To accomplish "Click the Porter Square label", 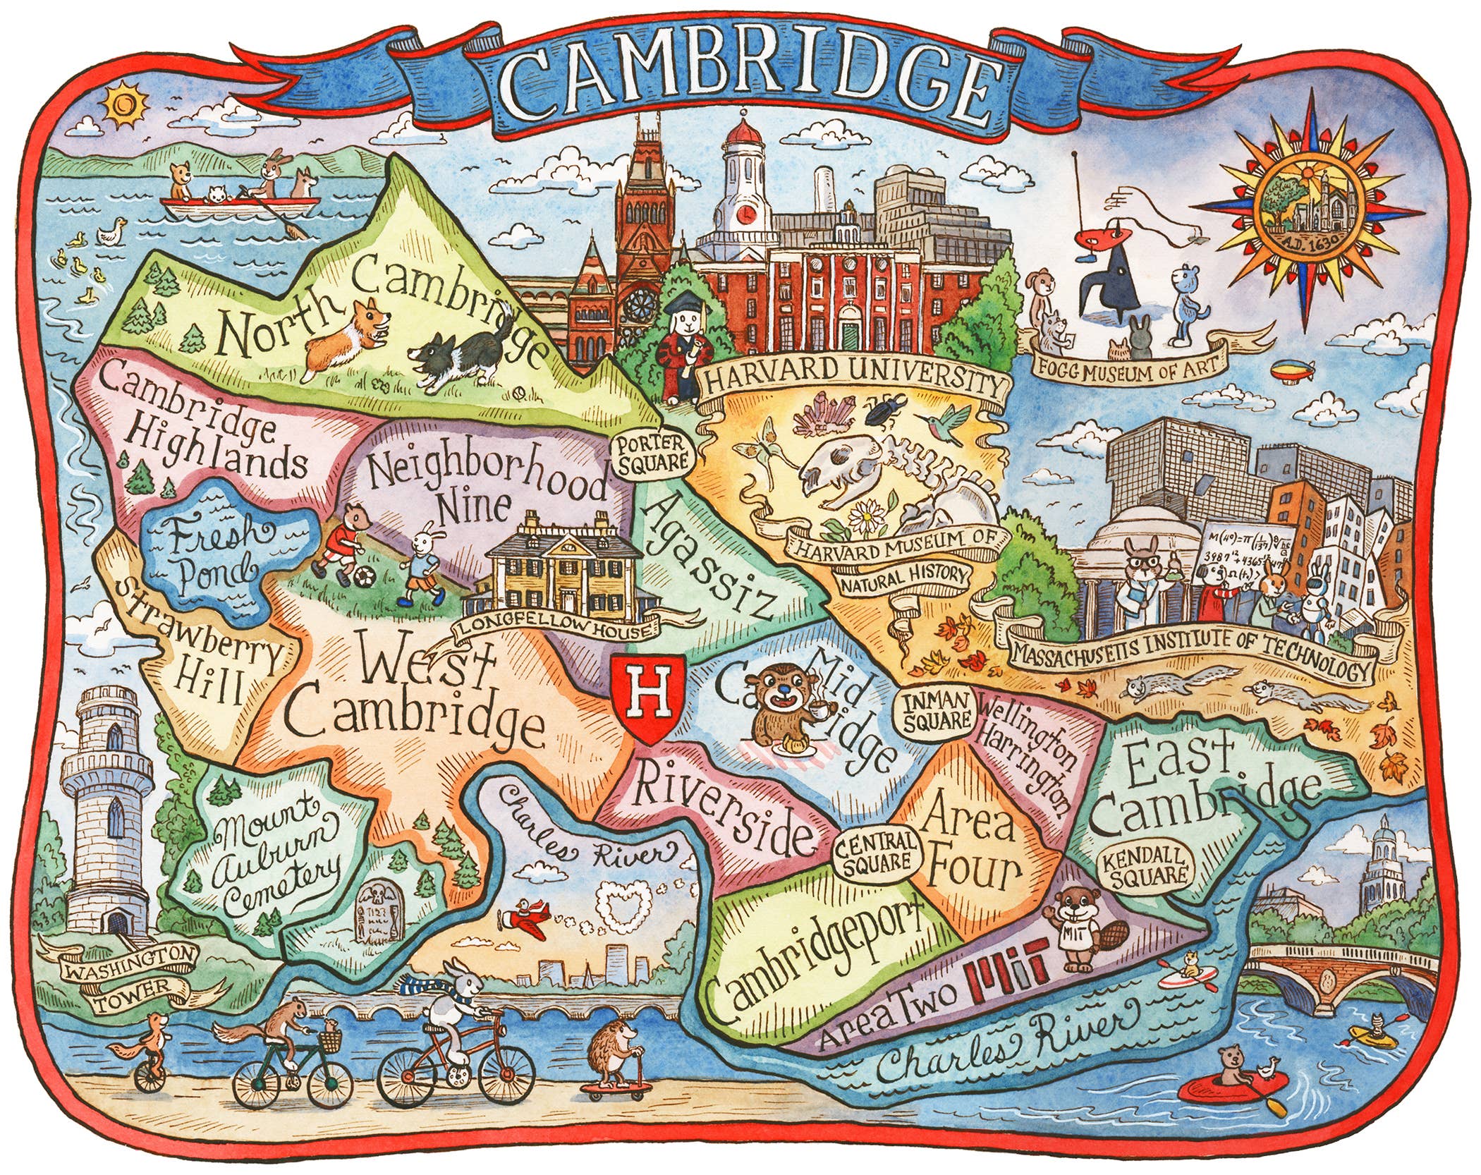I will coord(652,453).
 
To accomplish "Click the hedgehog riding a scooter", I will coord(612,1049).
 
